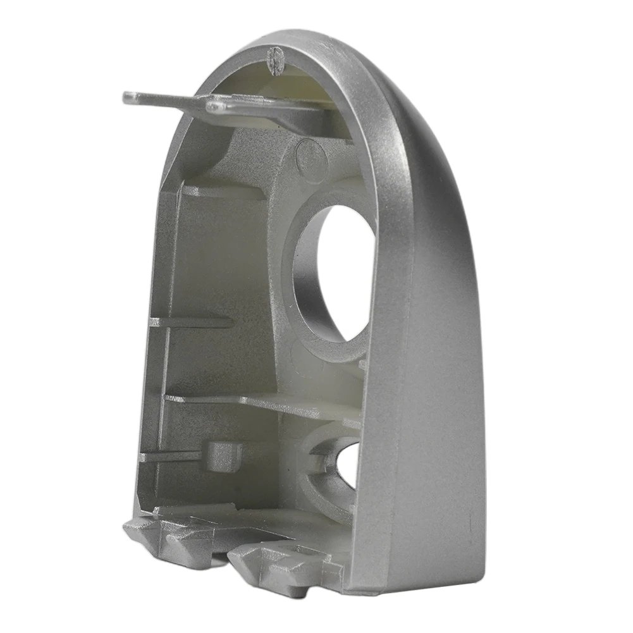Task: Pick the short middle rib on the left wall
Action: (190, 322)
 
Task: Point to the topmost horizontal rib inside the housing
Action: (221, 191)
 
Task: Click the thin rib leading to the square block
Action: (171, 455)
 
